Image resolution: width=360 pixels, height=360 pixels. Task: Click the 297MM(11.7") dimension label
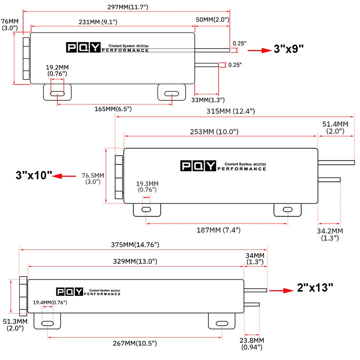(x=128, y=7)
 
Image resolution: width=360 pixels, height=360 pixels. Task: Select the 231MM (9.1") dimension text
(x=98, y=22)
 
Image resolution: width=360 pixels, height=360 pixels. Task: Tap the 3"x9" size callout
(x=289, y=49)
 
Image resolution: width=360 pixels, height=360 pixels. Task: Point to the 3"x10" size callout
(x=34, y=175)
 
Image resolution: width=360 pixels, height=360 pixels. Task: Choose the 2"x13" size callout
(x=315, y=287)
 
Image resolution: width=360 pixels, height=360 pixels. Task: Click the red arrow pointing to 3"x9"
(x=260, y=50)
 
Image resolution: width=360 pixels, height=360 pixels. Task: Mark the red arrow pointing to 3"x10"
(x=64, y=176)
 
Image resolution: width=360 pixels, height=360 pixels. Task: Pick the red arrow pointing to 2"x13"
(x=282, y=291)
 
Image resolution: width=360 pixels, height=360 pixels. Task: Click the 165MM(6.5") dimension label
(x=113, y=109)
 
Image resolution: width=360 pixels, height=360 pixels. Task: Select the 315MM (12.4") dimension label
(x=230, y=111)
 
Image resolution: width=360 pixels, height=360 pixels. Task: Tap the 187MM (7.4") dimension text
(x=219, y=230)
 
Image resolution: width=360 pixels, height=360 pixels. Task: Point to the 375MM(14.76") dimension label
(x=135, y=244)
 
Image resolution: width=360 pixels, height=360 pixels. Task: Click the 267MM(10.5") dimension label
(x=135, y=343)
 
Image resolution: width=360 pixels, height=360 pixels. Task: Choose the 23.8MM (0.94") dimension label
(x=252, y=343)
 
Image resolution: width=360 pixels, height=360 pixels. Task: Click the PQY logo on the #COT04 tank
(x=84, y=47)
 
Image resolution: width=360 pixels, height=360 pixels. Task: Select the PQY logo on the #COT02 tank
(x=198, y=166)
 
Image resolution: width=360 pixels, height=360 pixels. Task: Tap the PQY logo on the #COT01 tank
(x=69, y=292)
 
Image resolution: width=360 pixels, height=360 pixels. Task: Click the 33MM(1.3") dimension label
(x=208, y=100)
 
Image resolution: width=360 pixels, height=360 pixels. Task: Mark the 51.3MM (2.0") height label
(x=15, y=325)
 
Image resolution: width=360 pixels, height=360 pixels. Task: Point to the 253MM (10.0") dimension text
(x=214, y=131)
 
